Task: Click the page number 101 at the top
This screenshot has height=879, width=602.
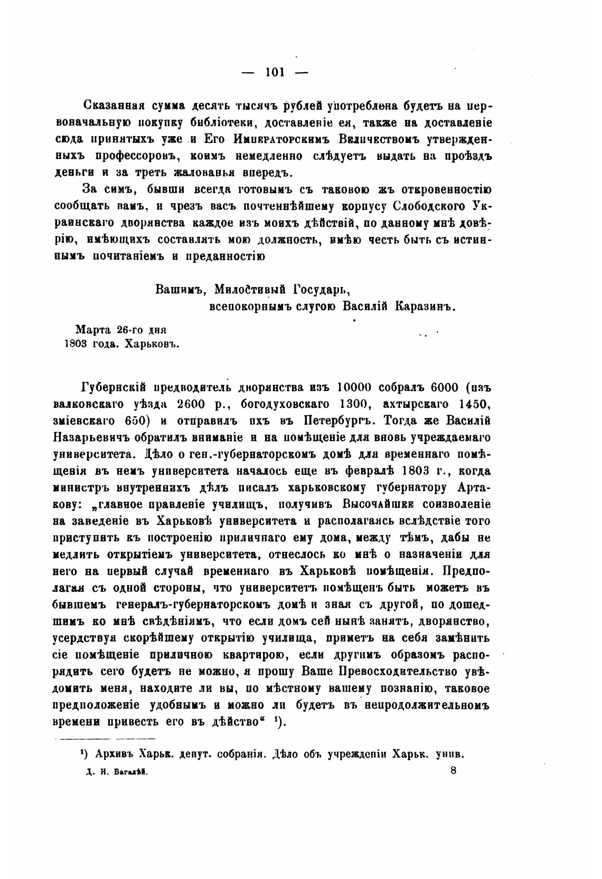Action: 275,73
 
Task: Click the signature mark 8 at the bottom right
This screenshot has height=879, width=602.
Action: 454,770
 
